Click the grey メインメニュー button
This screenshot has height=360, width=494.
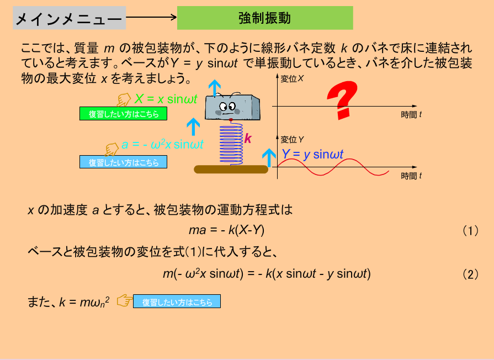[70, 18]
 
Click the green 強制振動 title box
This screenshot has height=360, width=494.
[265, 18]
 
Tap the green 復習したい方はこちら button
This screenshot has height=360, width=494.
[123, 114]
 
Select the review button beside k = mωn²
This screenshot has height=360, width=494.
[177, 301]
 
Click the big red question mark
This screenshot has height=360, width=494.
[343, 99]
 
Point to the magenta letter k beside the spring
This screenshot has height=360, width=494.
[248, 139]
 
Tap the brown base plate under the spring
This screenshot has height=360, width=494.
[231, 170]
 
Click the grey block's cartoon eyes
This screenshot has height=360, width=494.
[227, 106]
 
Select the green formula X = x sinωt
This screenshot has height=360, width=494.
[166, 99]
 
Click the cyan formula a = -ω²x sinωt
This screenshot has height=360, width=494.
[163, 145]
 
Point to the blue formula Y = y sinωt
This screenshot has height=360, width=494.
[312, 154]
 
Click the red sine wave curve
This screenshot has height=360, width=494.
[332, 167]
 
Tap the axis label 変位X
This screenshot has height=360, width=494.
[292, 79]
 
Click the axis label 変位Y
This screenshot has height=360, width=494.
[292, 140]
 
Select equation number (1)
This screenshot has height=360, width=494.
[470, 231]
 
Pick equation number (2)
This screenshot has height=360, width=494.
[470, 274]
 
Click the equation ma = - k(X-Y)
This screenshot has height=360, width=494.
[226, 230]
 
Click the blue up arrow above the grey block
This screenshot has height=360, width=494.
[215, 88]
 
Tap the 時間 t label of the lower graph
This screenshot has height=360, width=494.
[411, 176]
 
